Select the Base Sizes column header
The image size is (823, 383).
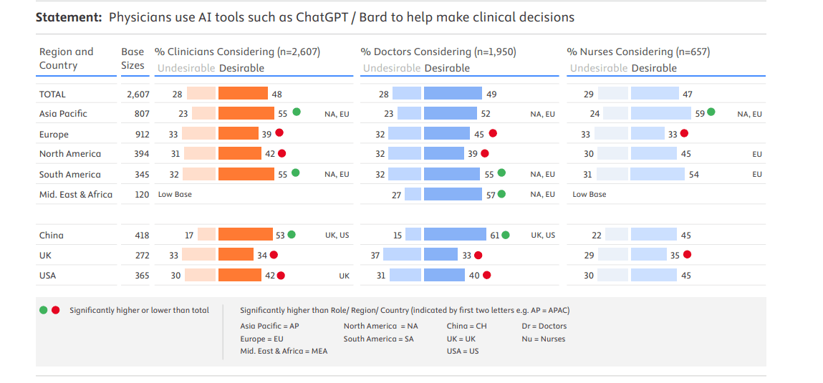[133, 59]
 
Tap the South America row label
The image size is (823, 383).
[69, 174]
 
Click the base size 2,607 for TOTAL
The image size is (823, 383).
[138, 94]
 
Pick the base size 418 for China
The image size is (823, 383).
[142, 235]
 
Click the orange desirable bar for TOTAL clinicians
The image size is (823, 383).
[243, 93]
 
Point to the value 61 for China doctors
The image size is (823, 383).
[495, 235]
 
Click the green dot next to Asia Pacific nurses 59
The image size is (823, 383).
[711, 112]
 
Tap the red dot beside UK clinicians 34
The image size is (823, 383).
[274, 255]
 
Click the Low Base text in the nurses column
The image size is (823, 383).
[589, 194]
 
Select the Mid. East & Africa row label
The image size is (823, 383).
[75, 194]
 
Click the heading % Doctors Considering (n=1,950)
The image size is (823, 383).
[438, 52]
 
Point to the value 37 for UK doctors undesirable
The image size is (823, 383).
[375, 255]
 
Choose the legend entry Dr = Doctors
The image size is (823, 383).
[544, 326]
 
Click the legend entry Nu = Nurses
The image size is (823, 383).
[543, 339]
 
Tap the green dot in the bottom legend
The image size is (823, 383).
[43, 310]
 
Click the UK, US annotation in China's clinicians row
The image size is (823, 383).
[337, 235]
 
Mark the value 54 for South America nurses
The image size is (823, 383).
[693, 174]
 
